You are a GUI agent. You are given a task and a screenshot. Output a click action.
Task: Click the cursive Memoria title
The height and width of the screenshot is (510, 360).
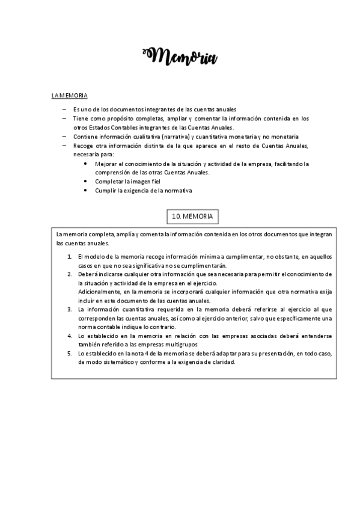(x=180, y=57)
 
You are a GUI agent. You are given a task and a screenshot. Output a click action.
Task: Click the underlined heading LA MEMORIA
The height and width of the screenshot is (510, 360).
(x=69, y=96)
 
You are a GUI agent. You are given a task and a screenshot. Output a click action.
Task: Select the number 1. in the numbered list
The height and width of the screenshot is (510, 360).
(x=70, y=256)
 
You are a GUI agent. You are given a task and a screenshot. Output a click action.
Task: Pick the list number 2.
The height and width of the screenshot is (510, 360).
(x=70, y=274)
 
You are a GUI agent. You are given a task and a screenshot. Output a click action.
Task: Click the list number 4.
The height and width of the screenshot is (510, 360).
(x=70, y=336)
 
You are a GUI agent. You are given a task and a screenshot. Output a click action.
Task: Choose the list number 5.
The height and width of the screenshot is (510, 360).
(x=70, y=353)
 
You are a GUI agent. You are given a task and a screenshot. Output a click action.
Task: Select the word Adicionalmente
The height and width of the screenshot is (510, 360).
(x=100, y=292)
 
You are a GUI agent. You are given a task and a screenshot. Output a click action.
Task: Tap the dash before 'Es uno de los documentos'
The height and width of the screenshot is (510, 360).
(x=64, y=109)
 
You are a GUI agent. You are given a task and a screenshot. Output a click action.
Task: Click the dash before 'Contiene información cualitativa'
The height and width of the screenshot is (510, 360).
(x=64, y=137)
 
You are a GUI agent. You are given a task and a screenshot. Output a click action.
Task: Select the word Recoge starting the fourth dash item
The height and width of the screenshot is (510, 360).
(x=83, y=146)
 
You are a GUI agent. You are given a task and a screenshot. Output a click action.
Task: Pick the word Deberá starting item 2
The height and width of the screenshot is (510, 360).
(x=88, y=274)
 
